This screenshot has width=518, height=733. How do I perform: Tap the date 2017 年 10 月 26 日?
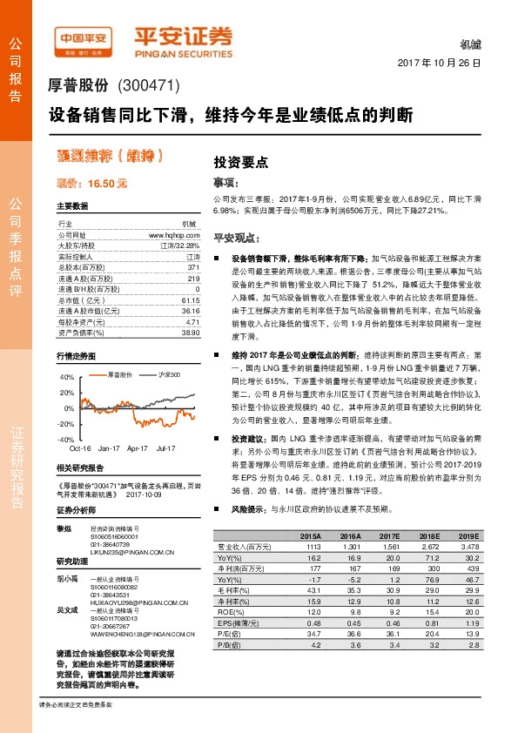click(439, 64)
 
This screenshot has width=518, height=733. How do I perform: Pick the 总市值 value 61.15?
click(191, 299)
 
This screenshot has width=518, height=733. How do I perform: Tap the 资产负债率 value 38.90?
click(191, 333)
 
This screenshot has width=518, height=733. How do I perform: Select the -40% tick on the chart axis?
click(66, 440)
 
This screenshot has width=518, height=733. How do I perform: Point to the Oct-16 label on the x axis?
click(81, 448)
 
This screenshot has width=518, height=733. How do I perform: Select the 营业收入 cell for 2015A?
click(310, 546)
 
